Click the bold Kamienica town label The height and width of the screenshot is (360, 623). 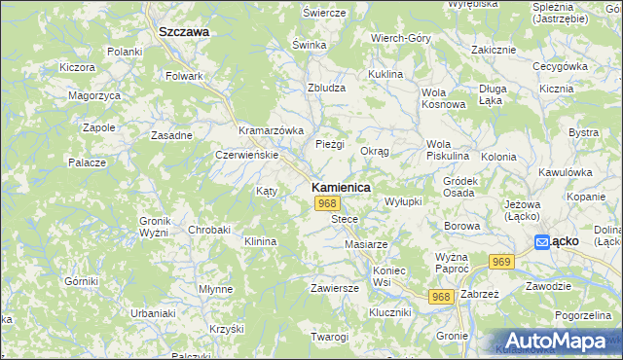(x=339, y=186)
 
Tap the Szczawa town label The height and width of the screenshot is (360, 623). (x=184, y=31)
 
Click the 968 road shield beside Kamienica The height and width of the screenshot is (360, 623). (x=327, y=203)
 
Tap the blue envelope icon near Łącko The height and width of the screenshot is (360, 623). (x=541, y=241)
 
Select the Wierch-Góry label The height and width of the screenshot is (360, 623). (x=400, y=38)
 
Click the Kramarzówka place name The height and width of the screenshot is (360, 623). (x=272, y=130)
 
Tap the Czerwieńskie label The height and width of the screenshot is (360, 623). (x=247, y=155)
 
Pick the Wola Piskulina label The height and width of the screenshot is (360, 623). (x=448, y=150)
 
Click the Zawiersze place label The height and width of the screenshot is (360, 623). (x=335, y=288)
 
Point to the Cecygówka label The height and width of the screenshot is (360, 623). (x=556, y=66)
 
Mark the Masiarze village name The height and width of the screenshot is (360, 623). (x=366, y=243)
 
